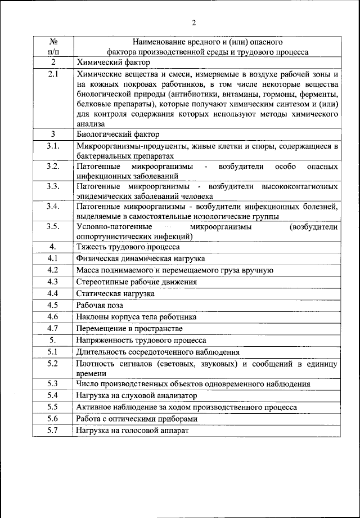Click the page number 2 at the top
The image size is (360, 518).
pos(193,23)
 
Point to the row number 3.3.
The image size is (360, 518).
pos(53,186)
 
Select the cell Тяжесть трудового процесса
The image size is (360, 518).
pos(128,247)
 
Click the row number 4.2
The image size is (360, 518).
pos(53,270)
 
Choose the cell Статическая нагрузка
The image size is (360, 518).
pos(115,294)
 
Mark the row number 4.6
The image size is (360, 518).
pos(53,317)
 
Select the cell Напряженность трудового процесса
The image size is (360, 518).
pos(141,340)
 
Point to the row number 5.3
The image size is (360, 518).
pos(53,384)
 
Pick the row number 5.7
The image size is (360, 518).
pos(53,431)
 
